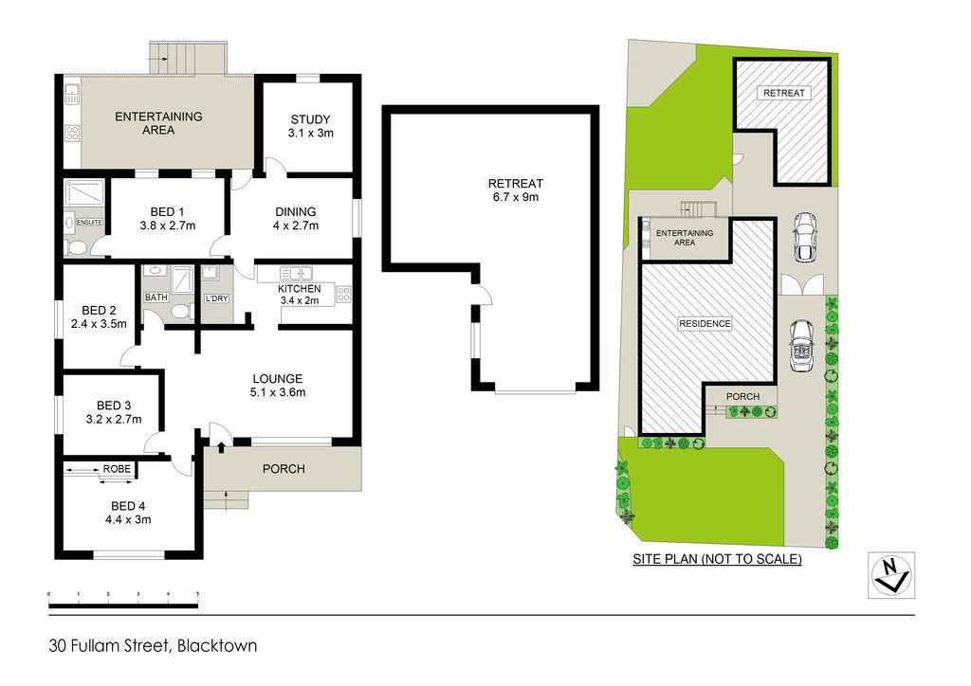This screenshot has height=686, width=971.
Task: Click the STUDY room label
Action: (310, 119)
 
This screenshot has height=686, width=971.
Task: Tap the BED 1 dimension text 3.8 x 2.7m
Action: (167, 226)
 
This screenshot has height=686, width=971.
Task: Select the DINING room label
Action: (296, 212)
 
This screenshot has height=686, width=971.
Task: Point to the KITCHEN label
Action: (299, 289)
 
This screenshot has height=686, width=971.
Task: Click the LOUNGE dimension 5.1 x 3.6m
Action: (278, 392)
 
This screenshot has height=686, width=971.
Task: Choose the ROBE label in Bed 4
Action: (117, 469)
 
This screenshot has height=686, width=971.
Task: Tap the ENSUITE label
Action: (89, 222)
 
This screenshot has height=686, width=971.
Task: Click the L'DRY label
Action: (217, 298)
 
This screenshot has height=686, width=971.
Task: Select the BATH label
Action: (156, 298)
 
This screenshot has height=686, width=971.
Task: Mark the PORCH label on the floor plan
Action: (284, 469)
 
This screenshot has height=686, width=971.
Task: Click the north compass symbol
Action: (891, 575)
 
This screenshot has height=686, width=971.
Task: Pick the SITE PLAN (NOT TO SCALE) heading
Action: (717, 559)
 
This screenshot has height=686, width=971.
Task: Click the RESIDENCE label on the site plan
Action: (705, 323)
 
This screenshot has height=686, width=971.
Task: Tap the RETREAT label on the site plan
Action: (784, 93)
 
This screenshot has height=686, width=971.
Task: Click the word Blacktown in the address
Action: (217, 646)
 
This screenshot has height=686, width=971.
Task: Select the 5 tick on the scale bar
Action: (197, 594)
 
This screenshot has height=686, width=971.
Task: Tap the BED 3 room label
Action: (114, 406)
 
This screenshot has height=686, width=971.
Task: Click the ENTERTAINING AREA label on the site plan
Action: (685, 238)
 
